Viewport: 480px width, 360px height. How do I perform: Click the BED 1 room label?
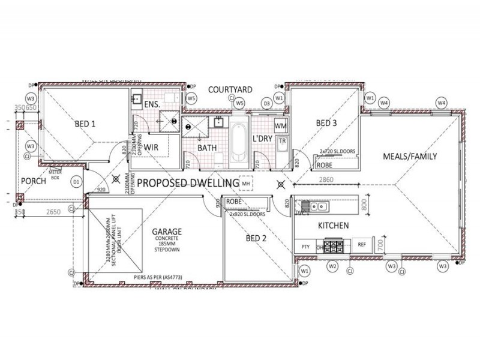85,124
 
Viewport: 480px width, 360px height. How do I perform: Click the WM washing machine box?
280,127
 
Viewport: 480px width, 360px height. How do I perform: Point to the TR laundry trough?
281,142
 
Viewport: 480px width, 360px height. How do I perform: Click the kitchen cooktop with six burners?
337,245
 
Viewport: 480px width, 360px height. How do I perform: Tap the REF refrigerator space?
362,245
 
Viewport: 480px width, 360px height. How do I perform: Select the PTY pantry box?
305,245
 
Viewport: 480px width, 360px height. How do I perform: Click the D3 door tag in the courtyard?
267,104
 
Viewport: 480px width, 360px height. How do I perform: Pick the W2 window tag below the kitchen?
332,265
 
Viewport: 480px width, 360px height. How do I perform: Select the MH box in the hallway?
246,182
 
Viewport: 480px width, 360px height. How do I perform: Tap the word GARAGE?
167,230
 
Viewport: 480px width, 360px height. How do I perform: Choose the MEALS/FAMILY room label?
410,157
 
